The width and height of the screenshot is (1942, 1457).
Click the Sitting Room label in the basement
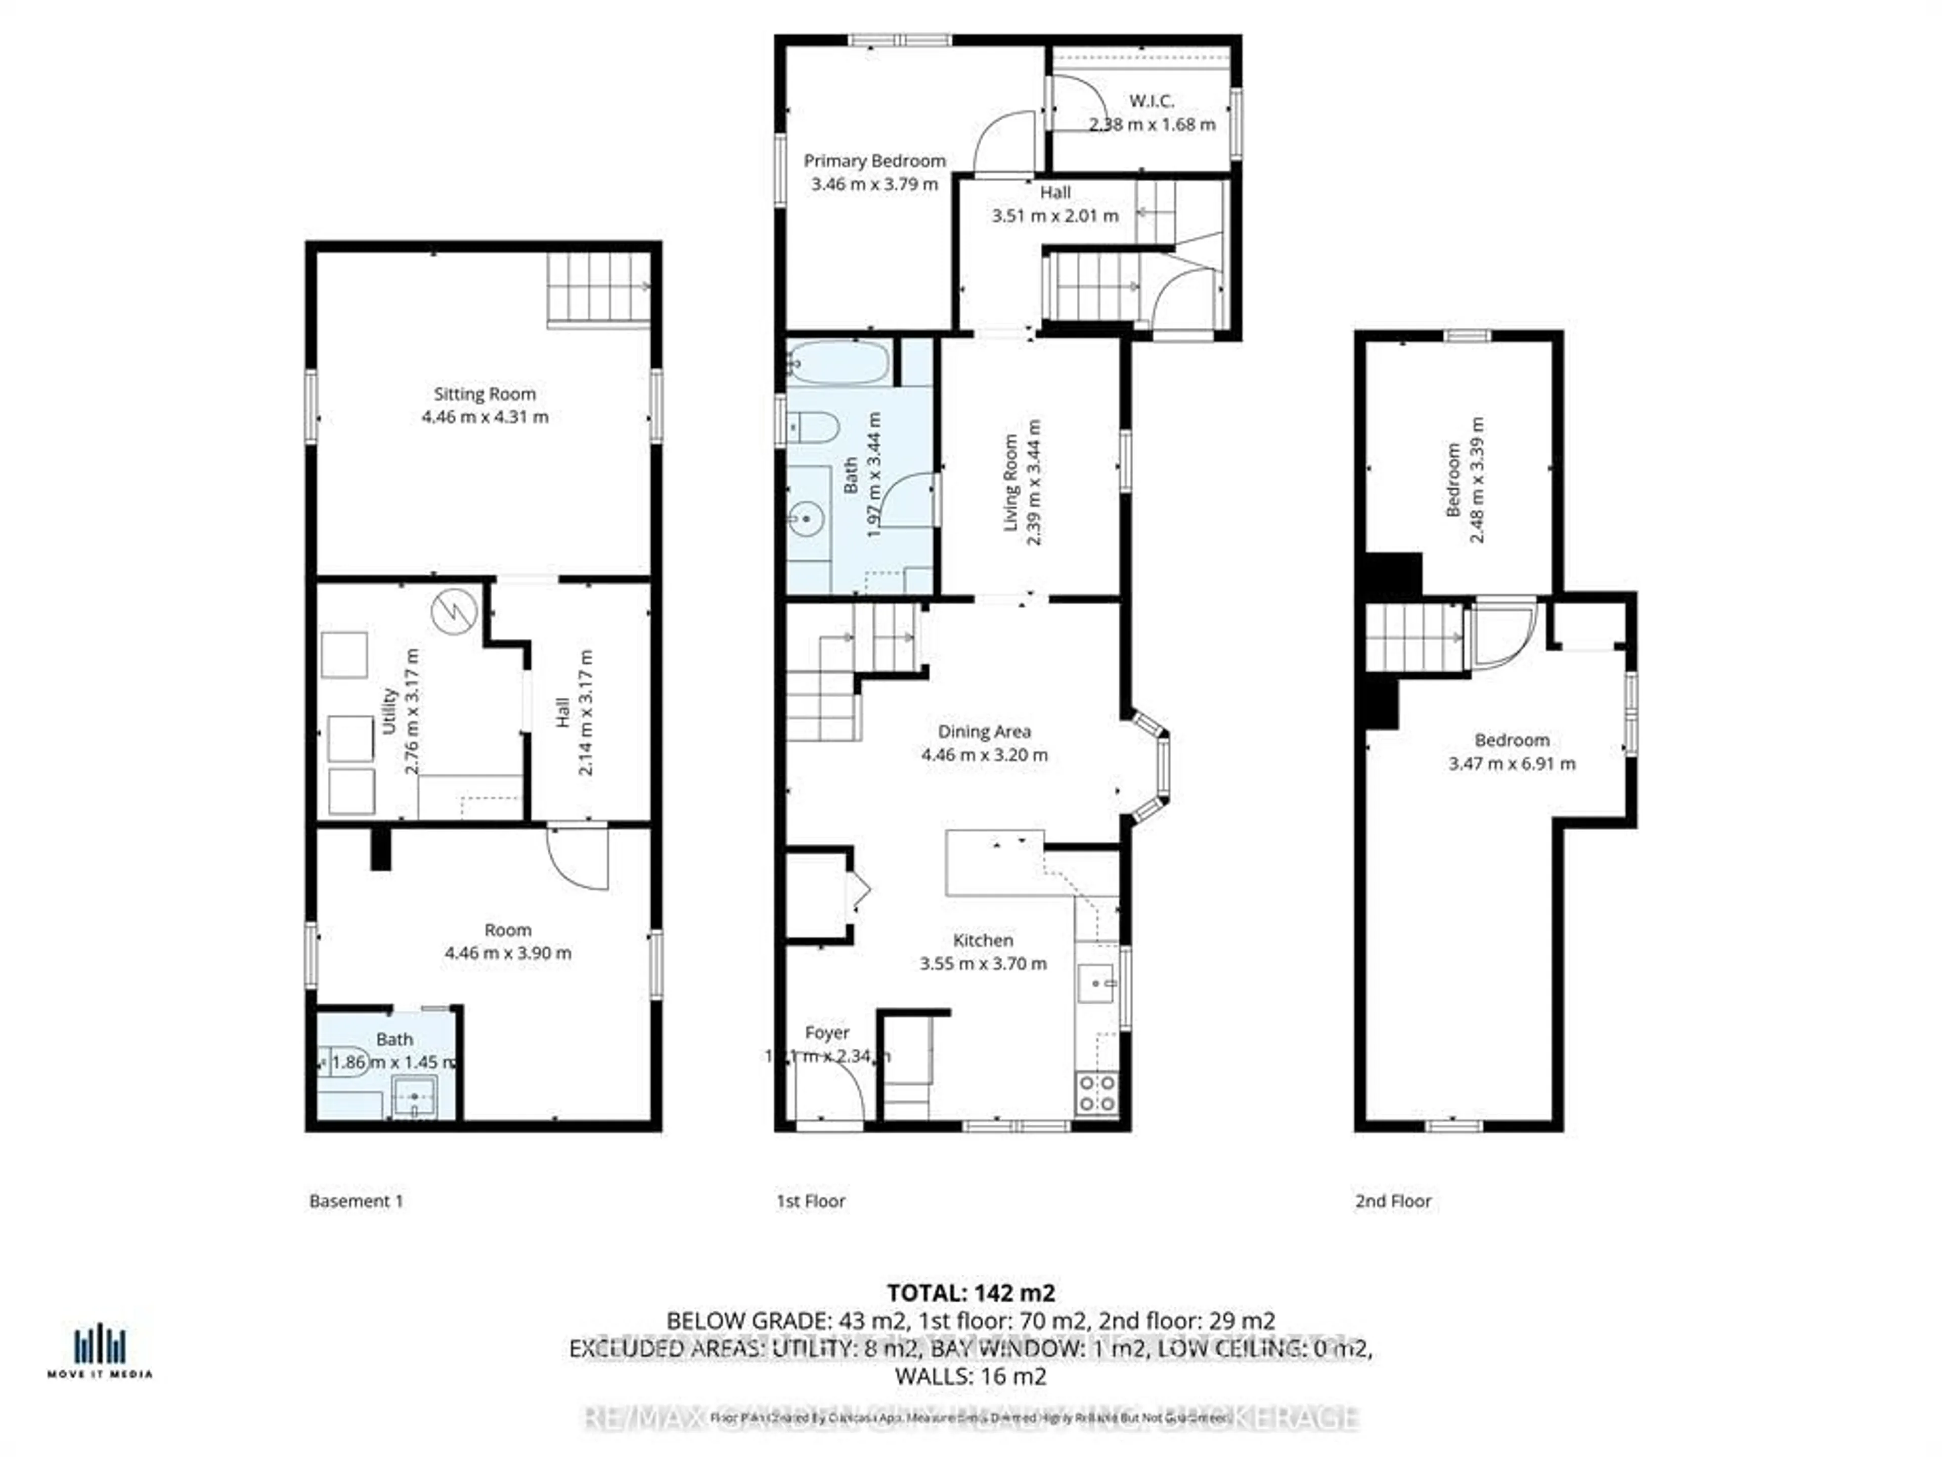(484, 394)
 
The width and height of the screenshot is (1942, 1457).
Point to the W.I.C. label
(1151, 101)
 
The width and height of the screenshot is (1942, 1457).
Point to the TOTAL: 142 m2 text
(970, 1293)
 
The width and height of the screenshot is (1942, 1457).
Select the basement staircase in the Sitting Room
(598, 288)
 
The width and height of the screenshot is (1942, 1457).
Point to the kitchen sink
(1096, 983)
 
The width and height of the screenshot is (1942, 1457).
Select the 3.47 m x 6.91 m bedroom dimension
(1511, 764)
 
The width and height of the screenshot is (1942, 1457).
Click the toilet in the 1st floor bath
(812, 427)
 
